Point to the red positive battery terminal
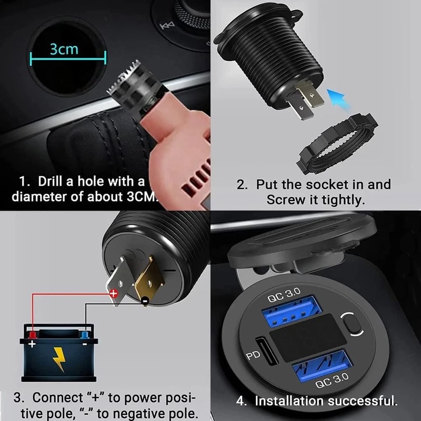coord(33,335)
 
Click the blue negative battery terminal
coord(85,335)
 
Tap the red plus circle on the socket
coord(113,295)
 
